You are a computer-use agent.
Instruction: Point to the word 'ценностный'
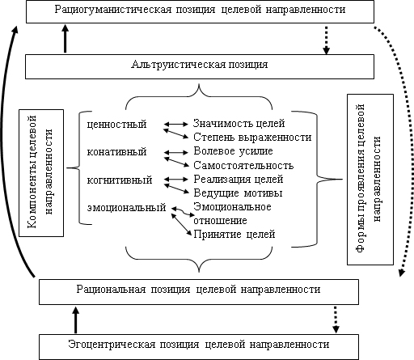coord(116,125)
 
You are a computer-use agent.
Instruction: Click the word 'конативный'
coord(116,152)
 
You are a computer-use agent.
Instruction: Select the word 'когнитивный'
coord(120,180)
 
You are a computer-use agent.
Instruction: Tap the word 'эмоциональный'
coord(126,208)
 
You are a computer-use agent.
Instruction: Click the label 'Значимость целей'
coord(239,123)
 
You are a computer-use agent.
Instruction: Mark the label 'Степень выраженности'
coord(252,138)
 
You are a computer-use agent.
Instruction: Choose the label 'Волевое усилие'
coord(233,151)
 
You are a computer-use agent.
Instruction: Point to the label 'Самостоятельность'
coord(243,165)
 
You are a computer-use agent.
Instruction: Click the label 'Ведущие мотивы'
coord(238,193)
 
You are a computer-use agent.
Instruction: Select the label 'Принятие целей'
coord(234,234)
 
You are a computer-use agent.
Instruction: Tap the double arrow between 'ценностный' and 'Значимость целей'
coord(176,125)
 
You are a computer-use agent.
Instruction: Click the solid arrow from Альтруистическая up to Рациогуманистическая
coord(65,38)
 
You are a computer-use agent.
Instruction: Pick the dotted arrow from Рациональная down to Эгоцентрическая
coord(336,320)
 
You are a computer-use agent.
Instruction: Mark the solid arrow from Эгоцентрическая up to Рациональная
coord(76,320)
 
